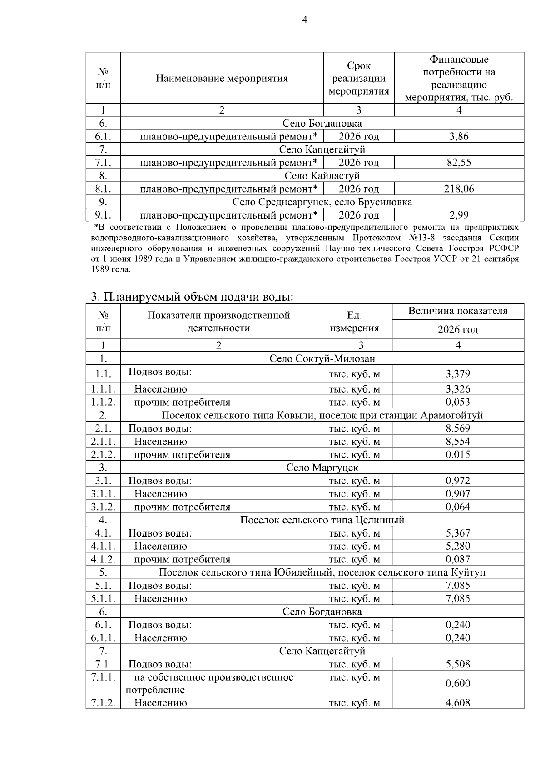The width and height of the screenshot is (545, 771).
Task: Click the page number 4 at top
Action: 304,20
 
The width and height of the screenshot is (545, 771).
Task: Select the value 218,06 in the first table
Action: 459,189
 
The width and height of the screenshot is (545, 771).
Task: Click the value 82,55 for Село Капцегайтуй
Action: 459,163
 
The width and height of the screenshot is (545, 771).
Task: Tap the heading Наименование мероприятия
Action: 222,79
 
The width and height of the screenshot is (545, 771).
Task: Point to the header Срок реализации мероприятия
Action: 359,79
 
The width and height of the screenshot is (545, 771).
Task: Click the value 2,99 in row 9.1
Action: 459,215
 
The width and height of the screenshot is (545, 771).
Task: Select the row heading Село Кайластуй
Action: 322,176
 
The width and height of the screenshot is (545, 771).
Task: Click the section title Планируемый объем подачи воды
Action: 192,297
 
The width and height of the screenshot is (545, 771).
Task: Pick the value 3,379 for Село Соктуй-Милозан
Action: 458,374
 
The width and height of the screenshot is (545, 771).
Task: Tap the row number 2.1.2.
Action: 103,454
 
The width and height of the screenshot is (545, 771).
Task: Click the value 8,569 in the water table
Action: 458,428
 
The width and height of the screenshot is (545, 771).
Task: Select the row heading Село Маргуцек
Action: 322,468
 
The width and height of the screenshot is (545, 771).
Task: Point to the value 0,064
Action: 458,507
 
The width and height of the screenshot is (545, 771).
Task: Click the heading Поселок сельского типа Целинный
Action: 322,520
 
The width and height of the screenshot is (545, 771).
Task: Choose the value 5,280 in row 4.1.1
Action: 458,546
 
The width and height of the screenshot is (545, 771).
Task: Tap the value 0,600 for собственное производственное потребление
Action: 458,683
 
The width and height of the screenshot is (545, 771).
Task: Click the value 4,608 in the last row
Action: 458,703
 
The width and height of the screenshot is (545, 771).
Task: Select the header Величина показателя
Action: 458,311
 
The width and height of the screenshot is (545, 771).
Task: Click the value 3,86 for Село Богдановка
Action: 459,136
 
